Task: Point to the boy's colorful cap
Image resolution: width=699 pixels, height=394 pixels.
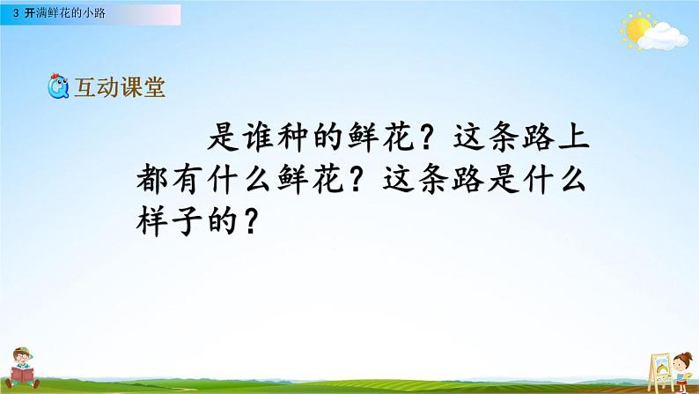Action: pyautogui.click(x=24, y=351)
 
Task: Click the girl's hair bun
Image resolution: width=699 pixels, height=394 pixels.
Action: pyautogui.click(x=683, y=354)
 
